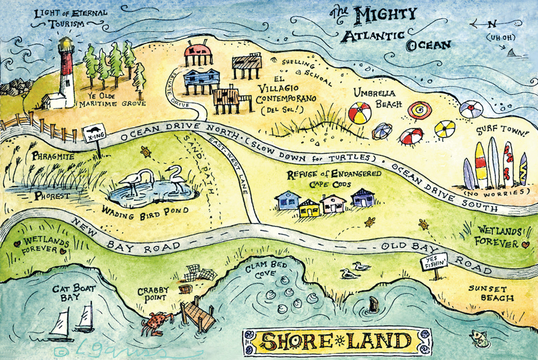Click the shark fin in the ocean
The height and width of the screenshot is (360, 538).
[511, 53]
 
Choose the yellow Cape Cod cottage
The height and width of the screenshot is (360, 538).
[310, 208]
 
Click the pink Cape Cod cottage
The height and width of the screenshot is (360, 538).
[333, 204]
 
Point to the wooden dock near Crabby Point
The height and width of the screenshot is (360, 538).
[198, 315]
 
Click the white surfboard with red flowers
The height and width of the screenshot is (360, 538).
[508, 164]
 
